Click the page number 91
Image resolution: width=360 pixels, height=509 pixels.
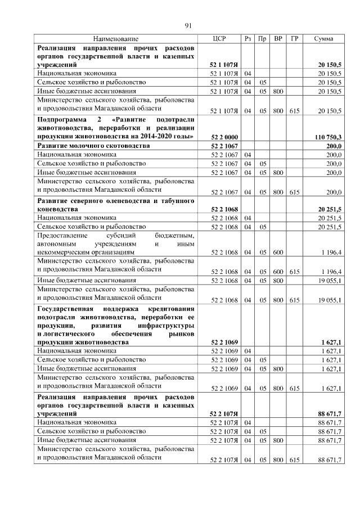[188, 25]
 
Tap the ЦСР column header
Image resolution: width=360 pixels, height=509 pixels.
[219, 39]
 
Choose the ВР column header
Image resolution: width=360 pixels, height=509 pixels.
[278, 39]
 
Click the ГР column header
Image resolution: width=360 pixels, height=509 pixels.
[294, 39]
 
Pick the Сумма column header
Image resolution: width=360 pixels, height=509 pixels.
[323, 39]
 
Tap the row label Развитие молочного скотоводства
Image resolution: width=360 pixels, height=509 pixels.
[93, 146]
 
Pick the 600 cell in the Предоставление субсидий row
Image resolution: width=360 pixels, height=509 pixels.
[278, 253]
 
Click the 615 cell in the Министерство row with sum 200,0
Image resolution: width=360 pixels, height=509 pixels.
[294, 192]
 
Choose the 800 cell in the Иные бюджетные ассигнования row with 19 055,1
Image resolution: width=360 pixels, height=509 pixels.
[278, 280]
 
